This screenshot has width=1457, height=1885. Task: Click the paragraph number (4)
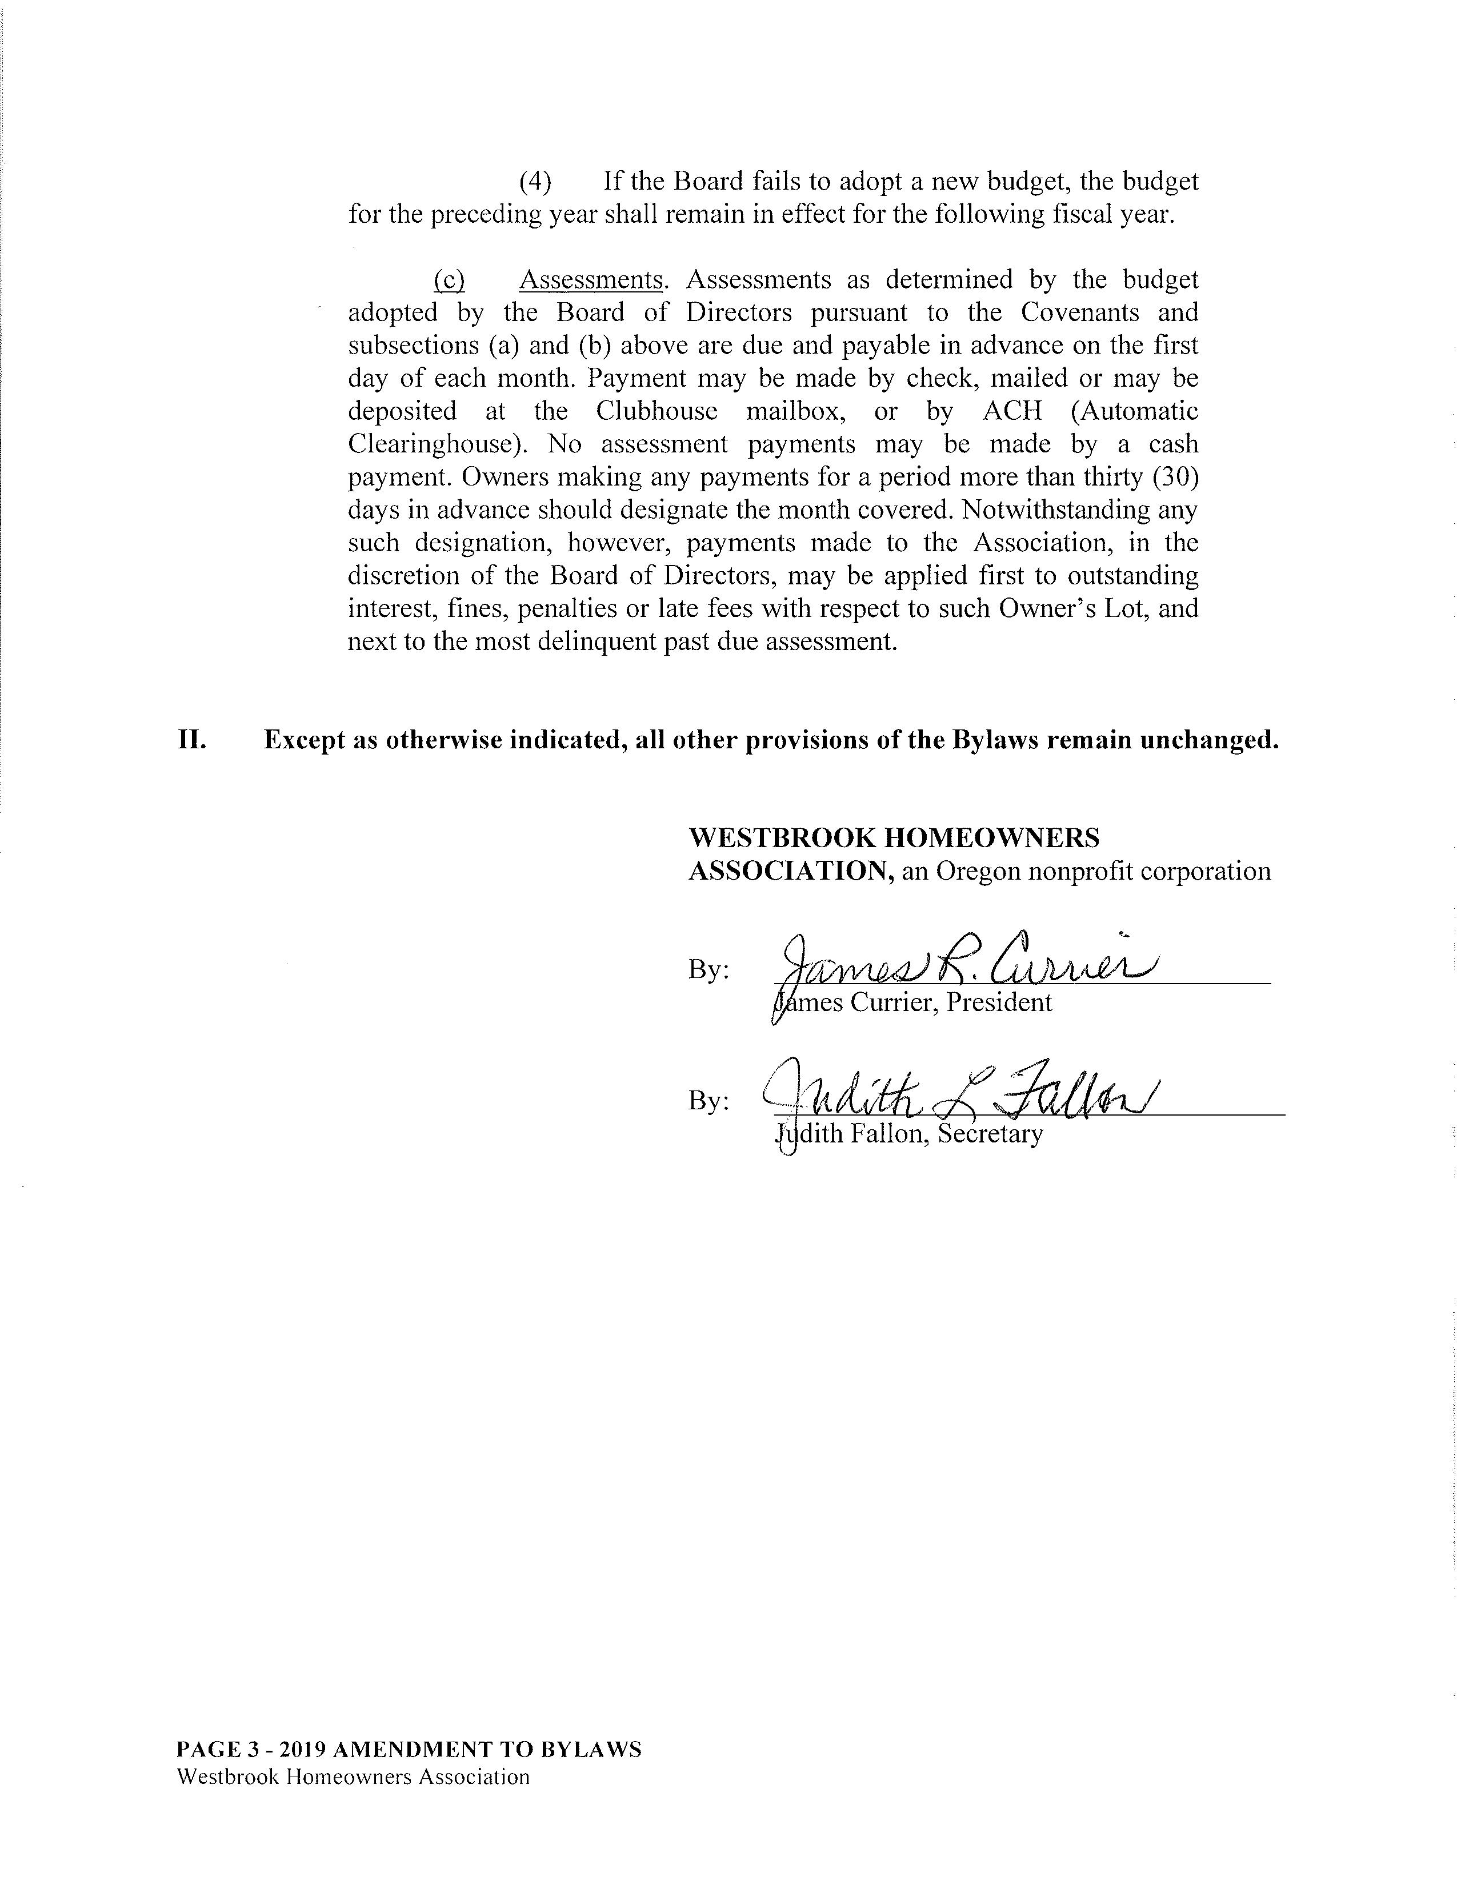coord(535,182)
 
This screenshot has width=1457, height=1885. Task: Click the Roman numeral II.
coord(191,740)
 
